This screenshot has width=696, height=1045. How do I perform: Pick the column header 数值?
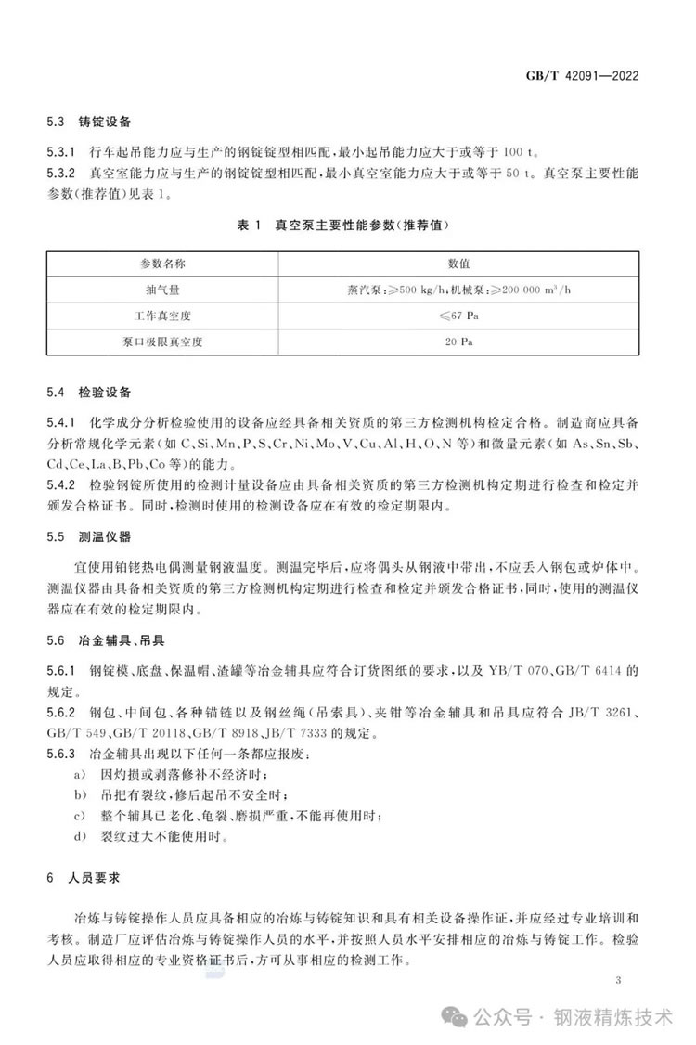click(x=460, y=264)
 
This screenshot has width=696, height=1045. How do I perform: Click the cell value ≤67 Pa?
click(x=460, y=315)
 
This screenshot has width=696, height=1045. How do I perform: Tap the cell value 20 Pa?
click(x=460, y=341)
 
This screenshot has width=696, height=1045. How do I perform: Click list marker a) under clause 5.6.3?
click(x=81, y=774)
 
